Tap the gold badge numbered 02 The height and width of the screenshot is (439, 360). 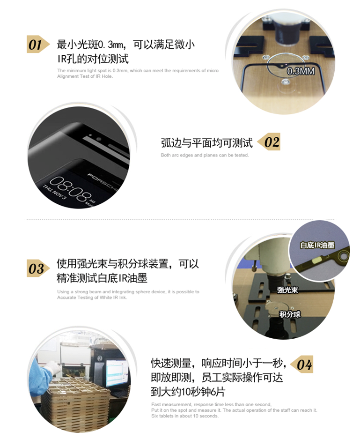[269, 141]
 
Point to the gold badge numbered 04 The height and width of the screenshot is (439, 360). [301, 364]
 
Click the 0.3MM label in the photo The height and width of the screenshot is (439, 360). [301, 71]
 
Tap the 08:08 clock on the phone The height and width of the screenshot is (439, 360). [71, 189]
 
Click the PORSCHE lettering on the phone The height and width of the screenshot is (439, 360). [104, 182]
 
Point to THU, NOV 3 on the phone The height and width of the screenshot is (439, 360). [55, 192]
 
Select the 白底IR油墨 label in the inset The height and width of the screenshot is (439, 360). [317, 245]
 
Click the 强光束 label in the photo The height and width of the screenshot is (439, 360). [287, 290]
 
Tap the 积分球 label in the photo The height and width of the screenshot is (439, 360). [290, 314]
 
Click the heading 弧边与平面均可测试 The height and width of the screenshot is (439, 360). [207, 143]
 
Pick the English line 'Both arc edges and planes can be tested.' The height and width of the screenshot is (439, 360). [205, 155]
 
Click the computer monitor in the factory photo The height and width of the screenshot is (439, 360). [116, 369]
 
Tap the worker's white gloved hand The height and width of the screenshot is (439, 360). [52, 366]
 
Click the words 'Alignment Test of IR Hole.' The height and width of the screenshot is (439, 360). [85, 76]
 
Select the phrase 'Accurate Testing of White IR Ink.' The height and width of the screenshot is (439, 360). [92, 298]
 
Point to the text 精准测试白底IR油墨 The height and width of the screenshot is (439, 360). [102, 278]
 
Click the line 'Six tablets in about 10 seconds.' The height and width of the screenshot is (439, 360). [184, 416]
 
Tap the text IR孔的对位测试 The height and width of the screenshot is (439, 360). [93, 59]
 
